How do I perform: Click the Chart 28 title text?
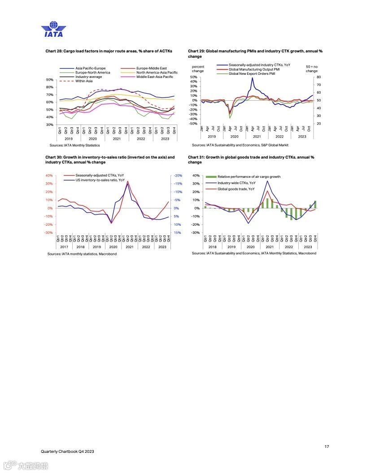pos(109,51)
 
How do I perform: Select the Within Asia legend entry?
pos(84,81)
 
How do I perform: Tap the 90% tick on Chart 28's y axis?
pos(50,80)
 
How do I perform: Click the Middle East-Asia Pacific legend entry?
pos(155,77)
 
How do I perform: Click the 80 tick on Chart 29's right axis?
pos(319,77)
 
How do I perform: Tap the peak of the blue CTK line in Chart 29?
pos(253,78)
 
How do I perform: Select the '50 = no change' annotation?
pos(311,69)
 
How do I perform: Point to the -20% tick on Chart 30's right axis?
pos(177,176)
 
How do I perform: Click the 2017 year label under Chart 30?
pos(64,247)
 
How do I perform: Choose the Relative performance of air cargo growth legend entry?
pos(248,176)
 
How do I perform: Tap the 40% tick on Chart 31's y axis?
pos(196,176)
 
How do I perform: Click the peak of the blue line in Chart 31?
pos(268,181)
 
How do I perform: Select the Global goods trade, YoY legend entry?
pos(236,189)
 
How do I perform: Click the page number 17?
pos(327,446)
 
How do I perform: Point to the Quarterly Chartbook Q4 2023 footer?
pos(67,451)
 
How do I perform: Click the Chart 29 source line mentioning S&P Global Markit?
pos(240,145)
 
